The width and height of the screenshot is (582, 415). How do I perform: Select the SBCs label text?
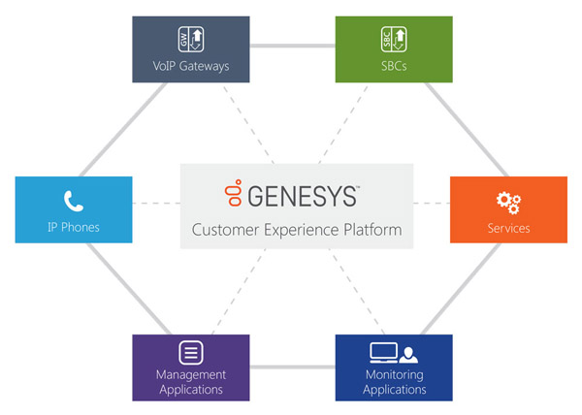coord(394,67)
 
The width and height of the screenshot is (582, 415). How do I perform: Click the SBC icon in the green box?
coord(394,40)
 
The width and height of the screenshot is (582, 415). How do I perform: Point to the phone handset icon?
coord(74,202)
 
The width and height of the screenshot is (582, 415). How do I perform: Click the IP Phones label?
coord(74,229)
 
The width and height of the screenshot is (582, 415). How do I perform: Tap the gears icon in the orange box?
coord(508,202)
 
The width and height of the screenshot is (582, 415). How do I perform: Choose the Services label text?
coord(508,229)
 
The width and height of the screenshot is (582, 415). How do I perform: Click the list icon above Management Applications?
coord(190,352)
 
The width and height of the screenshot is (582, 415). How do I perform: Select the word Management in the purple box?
coord(190,374)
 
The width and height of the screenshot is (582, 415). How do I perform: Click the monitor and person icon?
coord(394,352)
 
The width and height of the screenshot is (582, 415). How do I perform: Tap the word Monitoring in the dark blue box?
coord(394,374)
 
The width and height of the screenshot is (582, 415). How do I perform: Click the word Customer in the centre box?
coord(226,231)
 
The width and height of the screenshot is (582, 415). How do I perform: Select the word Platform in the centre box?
coord(369,231)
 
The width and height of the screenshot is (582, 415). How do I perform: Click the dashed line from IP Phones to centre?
coord(155,204)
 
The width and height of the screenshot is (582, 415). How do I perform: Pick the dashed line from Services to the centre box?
coord(432,204)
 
